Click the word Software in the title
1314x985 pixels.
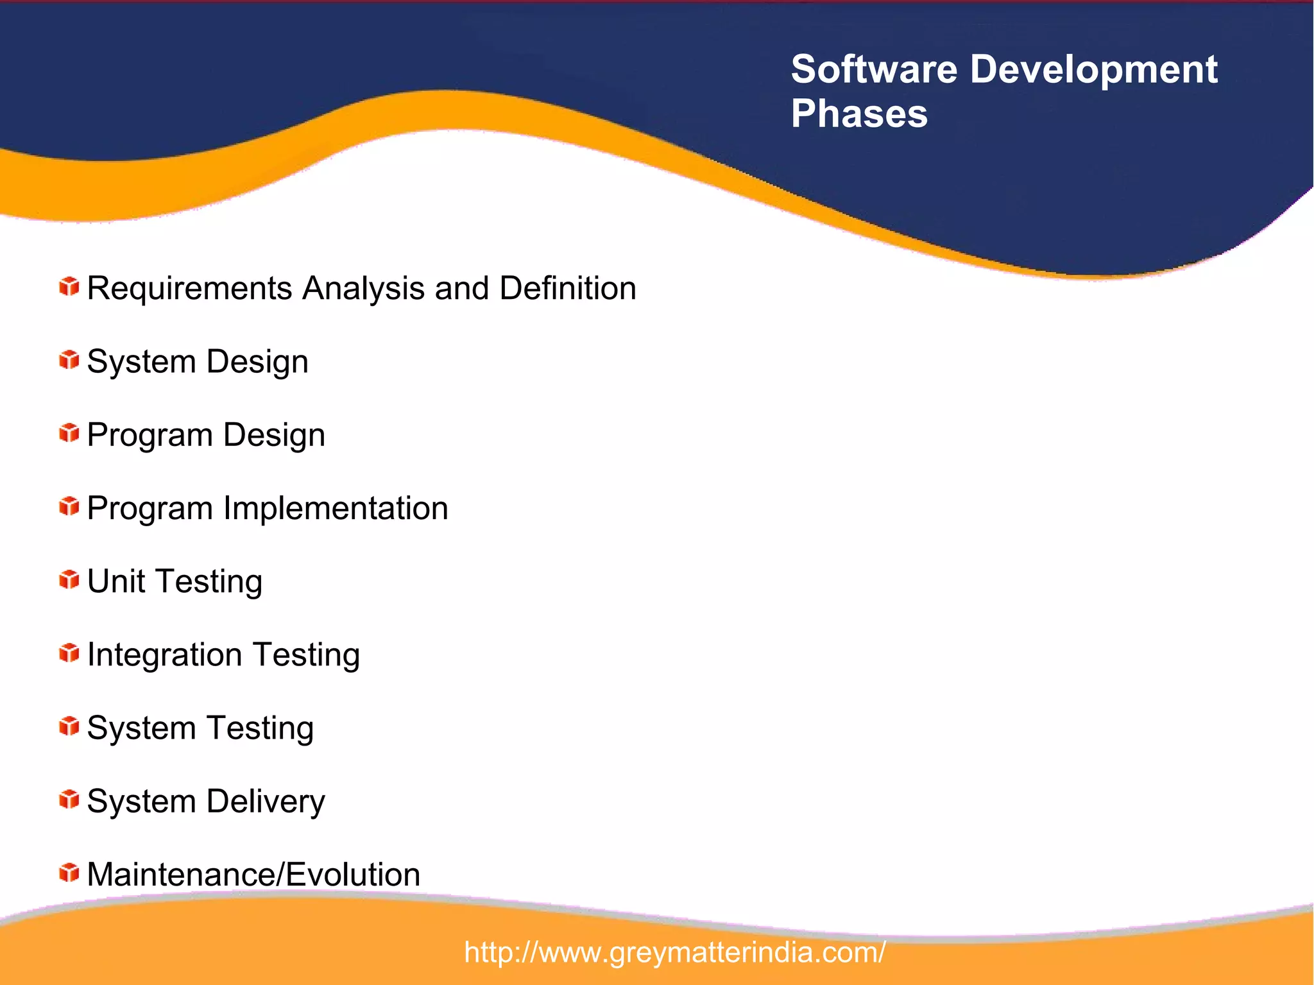[x=874, y=69]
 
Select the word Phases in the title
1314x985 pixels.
[x=859, y=114]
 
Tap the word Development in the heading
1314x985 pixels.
[x=1093, y=69]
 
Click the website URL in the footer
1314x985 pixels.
[x=674, y=952]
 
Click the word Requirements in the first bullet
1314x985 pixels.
[x=190, y=289]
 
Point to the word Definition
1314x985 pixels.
[x=567, y=288]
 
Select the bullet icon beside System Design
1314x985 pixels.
[x=69, y=360]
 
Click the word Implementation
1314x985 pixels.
[x=336, y=508]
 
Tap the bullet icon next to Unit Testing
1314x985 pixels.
[x=69, y=579]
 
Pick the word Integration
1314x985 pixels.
[x=164, y=655]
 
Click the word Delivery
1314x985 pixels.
[x=266, y=801]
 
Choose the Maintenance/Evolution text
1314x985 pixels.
[x=253, y=875]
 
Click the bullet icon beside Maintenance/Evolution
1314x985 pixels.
[x=69, y=873]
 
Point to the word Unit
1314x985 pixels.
[x=115, y=581]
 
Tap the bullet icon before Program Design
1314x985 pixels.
[x=69, y=433]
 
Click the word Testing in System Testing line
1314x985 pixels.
[x=260, y=729]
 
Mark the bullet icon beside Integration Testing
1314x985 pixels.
[x=69, y=653]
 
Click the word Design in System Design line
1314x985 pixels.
[x=257, y=363]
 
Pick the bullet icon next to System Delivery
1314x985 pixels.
[x=69, y=800]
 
